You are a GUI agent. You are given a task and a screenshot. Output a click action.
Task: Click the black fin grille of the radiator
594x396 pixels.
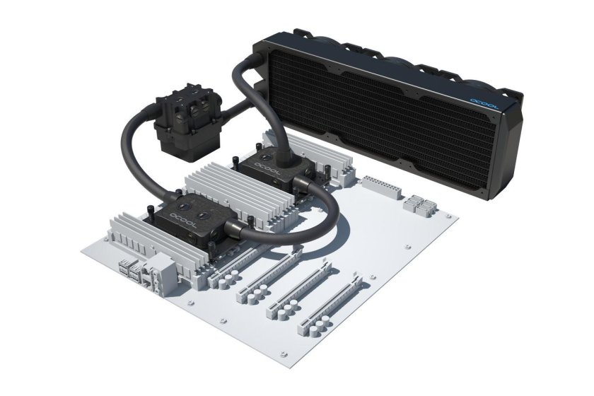point(396,106)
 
